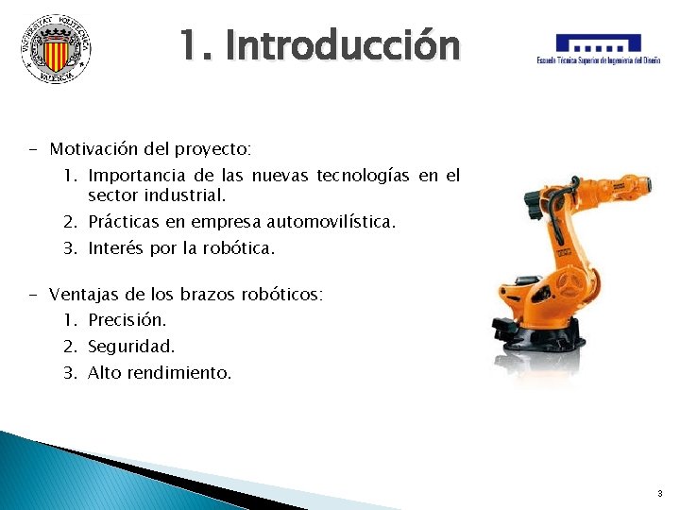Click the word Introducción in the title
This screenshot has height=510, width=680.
(343, 45)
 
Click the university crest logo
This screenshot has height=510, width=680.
(56, 47)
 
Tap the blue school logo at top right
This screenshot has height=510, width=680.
(598, 49)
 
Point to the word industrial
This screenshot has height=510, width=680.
(185, 195)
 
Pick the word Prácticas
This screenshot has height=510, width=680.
(126, 222)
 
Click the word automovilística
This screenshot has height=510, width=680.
(331, 222)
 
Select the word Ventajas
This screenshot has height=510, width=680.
(84, 295)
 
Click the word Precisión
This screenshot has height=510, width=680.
(127, 320)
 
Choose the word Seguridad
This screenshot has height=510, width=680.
(131, 347)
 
